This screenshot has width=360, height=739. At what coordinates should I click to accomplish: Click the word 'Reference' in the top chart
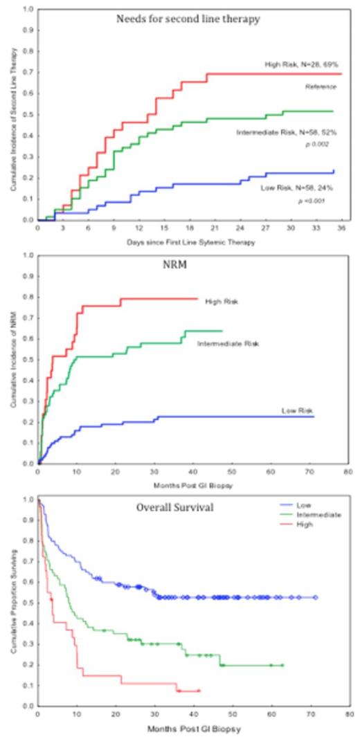tap(321, 86)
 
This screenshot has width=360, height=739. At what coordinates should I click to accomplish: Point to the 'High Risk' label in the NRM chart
tap(222, 302)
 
